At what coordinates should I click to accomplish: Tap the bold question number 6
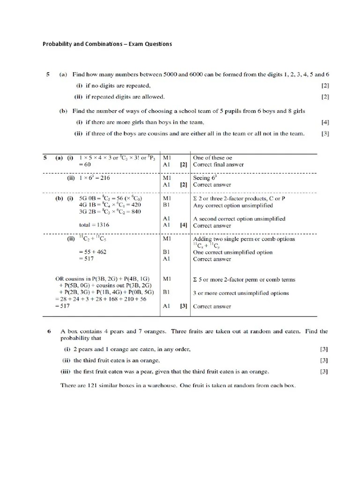click(x=49, y=331)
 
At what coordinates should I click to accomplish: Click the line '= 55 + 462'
click(x=92, y=252)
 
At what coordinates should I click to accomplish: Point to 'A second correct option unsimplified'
click(x=239, y=218)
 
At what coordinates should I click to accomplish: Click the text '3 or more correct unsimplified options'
click(x=241, y=293)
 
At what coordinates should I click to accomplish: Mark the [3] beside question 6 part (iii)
click(x=324, y=372)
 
